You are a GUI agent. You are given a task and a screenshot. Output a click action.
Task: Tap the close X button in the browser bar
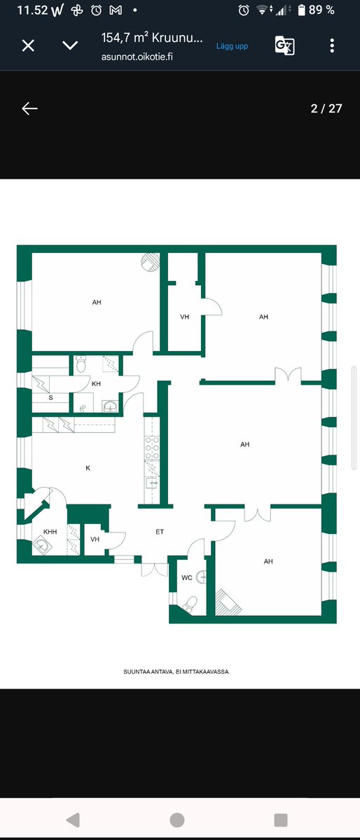(28, 46)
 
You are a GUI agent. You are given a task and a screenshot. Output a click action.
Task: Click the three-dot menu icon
(332, 45)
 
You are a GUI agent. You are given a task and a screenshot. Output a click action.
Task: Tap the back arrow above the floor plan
(29, 109)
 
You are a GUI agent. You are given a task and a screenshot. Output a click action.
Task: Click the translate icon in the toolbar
(284, 46)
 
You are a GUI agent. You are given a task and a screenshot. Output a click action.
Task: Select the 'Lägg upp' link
(232, 46)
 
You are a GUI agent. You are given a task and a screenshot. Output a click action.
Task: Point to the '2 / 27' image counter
(326, 108)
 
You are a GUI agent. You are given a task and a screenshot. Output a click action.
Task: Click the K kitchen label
(88, 468)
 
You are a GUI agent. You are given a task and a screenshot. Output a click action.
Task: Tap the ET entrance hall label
(160, 532)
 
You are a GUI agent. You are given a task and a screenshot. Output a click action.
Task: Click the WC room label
(186, 577)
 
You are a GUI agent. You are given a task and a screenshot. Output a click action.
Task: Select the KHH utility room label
(50, 532)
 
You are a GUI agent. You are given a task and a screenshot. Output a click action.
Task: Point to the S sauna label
(51, 398)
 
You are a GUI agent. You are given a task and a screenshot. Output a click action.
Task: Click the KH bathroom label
(97, 384)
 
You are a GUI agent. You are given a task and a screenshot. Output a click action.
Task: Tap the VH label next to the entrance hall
(95, 539)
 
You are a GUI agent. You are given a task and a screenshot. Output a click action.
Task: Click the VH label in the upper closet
(185, 317)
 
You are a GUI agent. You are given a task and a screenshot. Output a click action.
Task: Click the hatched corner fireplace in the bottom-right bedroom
(227, 602)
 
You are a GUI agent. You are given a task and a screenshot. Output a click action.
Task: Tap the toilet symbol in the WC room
(191, 604)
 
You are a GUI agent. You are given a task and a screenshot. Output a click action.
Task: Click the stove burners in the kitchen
(151, 448)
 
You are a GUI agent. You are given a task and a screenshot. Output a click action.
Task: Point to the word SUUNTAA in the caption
(136, 671)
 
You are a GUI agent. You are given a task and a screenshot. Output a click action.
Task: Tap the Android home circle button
(177, 820)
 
